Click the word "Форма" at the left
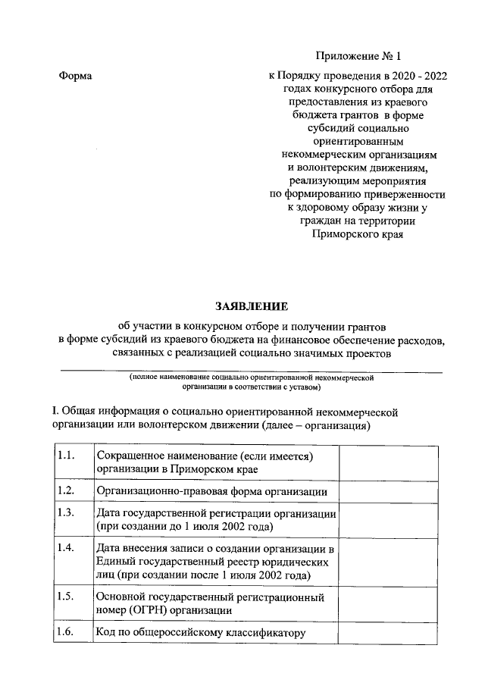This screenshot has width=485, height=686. pos(74,77)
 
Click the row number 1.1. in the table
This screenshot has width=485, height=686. pos(66,455)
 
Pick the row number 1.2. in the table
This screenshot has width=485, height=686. pos(66,490)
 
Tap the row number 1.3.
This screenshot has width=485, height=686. pos(66,513)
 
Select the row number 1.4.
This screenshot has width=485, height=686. pos(66,548)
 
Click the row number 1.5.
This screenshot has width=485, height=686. pos(66,597)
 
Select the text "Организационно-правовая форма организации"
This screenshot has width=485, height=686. pos(211,491)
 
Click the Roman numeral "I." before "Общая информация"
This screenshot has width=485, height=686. pos(55,412)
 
